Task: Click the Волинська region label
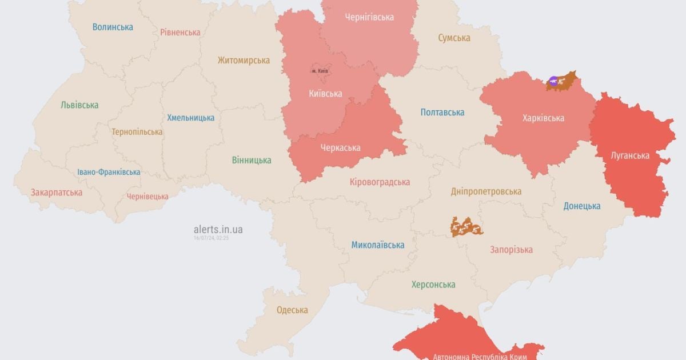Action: click(x=113, y=27)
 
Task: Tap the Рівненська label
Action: click(x=180, y=32)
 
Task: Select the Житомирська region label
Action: click(x=244, y=60)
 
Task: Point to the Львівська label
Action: click(x=79, y=105)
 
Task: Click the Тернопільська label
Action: click(x=137, y=131)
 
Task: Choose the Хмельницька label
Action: click(x=191, y=118)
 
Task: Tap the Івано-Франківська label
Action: click(x=109, y=172)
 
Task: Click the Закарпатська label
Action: click(x=57, y=192)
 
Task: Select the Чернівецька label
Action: click(x=147, y=196)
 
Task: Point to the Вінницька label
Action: click(x=252, y=160)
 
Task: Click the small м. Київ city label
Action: click(x=321, y=71)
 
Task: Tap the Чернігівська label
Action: click(x=369, y=17)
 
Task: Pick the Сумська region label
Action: click(x=454, y=38)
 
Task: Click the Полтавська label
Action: click(x=442, y=113)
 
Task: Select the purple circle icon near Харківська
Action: click(x=553, y=82)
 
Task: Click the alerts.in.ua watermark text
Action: click(x=218, y=229)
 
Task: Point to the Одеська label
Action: click(x=292, y=310)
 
